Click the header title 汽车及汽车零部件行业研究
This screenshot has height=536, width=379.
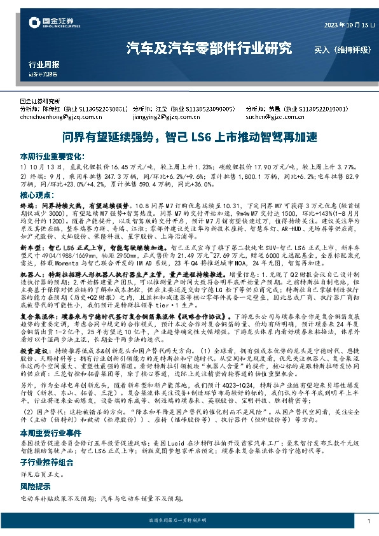209,48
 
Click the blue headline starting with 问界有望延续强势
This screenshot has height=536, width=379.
189,137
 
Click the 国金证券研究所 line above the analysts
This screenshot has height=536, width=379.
44,101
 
